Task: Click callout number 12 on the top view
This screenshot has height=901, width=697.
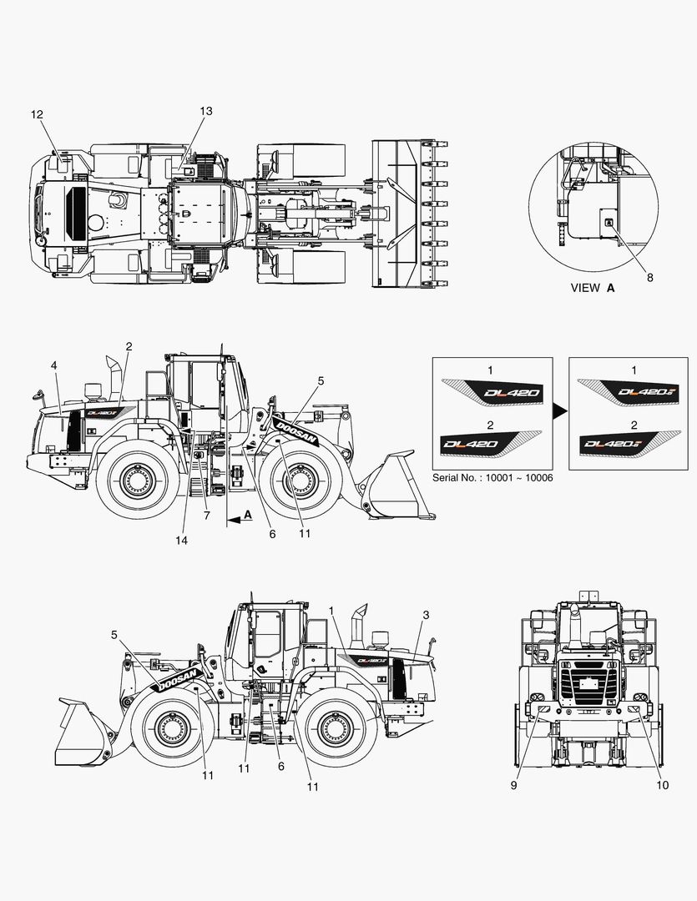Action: pyautogui.click(x=37, y=113)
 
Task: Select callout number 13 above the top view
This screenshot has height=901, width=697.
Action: pyautogui.click(x=206, y=111)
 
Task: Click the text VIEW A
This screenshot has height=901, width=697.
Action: pyautogui.click(x=592, y=288)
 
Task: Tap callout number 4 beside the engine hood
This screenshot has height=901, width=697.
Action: pyautogui.click(x=53, y=365)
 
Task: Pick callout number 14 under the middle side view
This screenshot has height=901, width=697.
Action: pyautogui.click(x=181, y=541)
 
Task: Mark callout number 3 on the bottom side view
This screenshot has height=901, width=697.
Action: pyautogui.click(x=426, y=615)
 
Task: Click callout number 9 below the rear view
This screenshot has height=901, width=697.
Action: pyautogui.click(x=514, y=785)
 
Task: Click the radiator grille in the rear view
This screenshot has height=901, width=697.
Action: pyautogui.click(x=591, y=682)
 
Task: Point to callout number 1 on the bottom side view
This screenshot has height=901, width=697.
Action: pyautogui.click(x=331, y=611)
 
